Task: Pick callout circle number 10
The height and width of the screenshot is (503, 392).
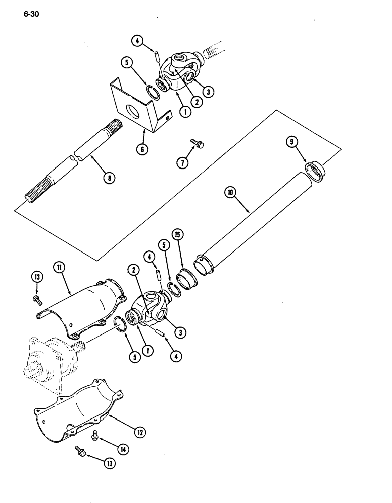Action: tap(231, 192)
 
